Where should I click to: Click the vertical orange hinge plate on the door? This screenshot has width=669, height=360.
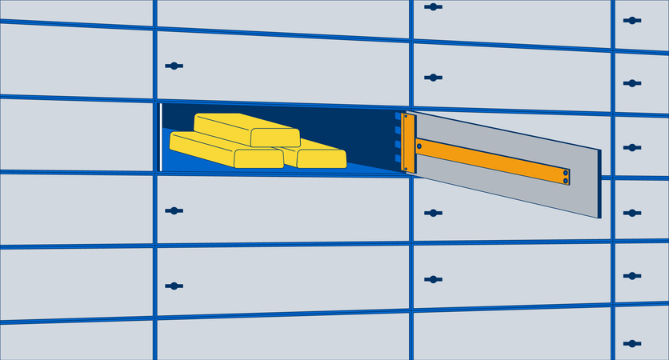pyautogui.click(x=409, y=143)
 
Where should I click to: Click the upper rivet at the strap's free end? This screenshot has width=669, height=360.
pyautogui.click(x=565, y=172)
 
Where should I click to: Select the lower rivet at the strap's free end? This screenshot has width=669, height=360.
pyautogui.click(x=565, y=181)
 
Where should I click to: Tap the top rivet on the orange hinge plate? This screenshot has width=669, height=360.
pyautogui.click(x=407, y=119)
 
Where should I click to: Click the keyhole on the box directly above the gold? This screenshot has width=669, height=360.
pyautogui.click(x=174, y=66)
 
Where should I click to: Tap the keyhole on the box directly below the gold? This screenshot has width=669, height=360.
pyautogui.click(x=174, y=211)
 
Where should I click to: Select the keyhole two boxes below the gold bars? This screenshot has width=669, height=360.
pyautogui.click(x=174, y=286)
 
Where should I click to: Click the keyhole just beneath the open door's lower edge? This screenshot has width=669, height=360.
pyautogui.click(x=433, y=213)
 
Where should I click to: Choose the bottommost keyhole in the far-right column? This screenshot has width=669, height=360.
pyautogui.click(x=632, y=342)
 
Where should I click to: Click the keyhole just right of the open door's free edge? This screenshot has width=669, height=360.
pyautogui.click(x=632, y=148)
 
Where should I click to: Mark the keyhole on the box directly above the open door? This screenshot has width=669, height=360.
pyautogui.click(x=433, y=78)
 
